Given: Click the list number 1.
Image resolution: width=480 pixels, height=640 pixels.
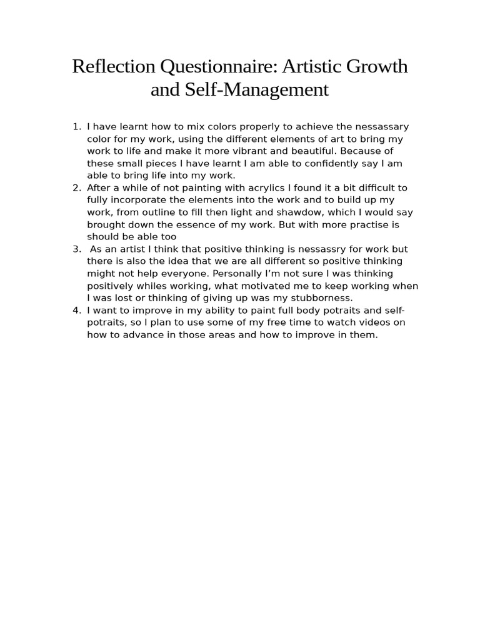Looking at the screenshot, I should (76, 127).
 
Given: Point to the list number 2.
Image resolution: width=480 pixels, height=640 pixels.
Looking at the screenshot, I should (76, 187).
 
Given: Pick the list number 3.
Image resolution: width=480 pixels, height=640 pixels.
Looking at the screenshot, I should (76, 249).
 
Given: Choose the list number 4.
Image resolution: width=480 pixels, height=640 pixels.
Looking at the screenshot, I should (76, 310).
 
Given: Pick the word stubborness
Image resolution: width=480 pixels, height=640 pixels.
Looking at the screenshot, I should (319, 297).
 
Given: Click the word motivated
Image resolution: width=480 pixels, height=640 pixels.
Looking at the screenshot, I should (244, 286).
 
